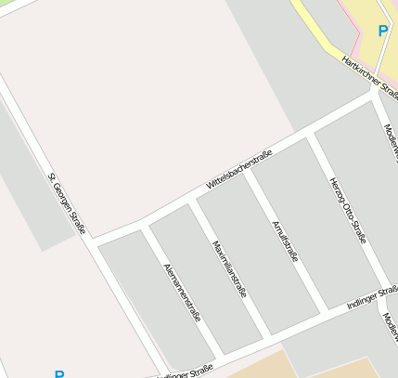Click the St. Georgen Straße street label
[x=70, y=203]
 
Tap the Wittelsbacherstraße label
[x=238, y=170]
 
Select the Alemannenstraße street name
[x=182, y=293]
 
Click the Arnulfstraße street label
[x=285, y=241]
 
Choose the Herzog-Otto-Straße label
[x=347, y=211]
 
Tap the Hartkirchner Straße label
[x=369, y=74]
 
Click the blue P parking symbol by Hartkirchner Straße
[x=382, y=31]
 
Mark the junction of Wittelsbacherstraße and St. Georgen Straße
[x=94, y=241]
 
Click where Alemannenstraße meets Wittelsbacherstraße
[x=144, y=223]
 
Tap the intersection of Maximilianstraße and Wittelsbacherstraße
[x=192, y=199]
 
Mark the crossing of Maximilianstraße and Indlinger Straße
[x=269, y=335]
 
